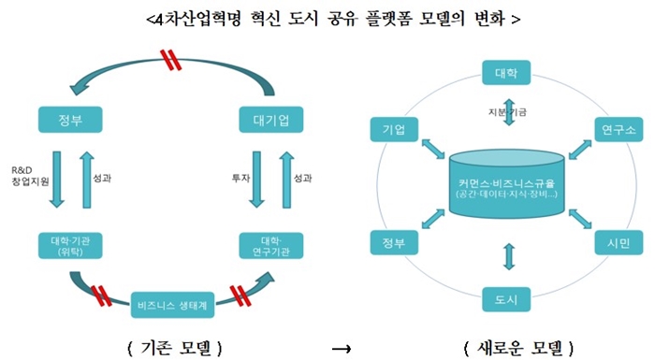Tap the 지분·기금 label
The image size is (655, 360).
(509, 112)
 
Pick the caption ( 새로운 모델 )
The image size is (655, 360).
(517, 348)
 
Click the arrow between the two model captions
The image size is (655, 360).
(342, 349)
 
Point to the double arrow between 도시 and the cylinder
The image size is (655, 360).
(509, 254)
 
